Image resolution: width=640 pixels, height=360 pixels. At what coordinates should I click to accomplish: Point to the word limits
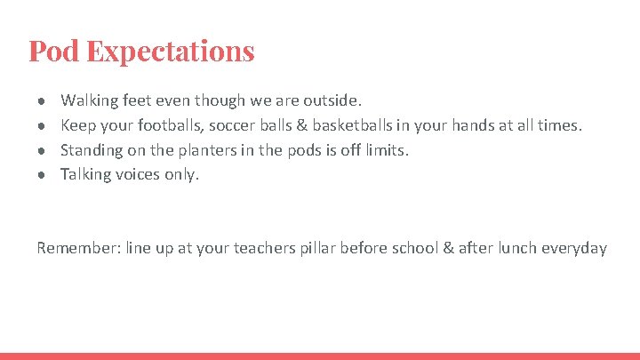(x=385, y=150)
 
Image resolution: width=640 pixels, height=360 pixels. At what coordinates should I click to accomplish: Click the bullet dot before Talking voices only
(x=42, y=175)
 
